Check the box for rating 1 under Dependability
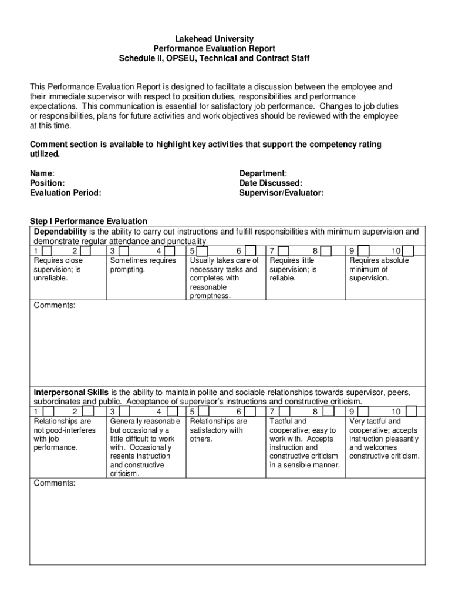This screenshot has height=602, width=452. click(48, 251)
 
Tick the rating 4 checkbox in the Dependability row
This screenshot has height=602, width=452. click(170, 251)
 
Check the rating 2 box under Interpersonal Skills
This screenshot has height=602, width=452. click(86, 412)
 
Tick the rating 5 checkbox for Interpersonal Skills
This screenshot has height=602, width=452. click(203, 412)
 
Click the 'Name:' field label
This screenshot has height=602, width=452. click(42, 173)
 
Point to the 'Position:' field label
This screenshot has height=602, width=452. click(47, 183)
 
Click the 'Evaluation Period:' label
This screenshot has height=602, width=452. click(65, 193)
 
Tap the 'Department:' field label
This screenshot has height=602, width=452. click(263, 173)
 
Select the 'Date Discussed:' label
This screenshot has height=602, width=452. click(271, 183)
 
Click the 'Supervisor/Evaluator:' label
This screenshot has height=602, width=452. click(281, 193)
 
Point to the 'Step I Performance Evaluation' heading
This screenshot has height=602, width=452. click(88, 221)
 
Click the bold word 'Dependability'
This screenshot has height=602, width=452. click(60, 232)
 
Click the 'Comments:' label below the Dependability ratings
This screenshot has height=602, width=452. click(54, 306)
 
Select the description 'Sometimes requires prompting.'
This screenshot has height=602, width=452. click(143, 265)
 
